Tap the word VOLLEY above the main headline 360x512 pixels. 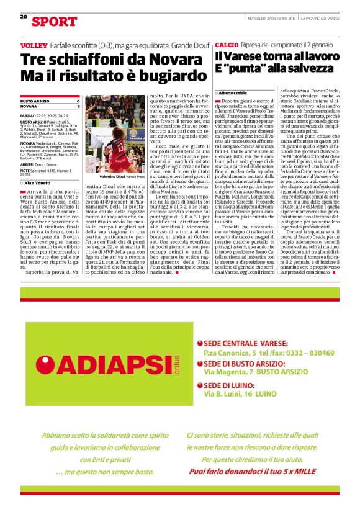[x=34, y=47]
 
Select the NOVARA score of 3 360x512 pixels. [x=78, y=106]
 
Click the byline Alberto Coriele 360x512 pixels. [x=232, y=92]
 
